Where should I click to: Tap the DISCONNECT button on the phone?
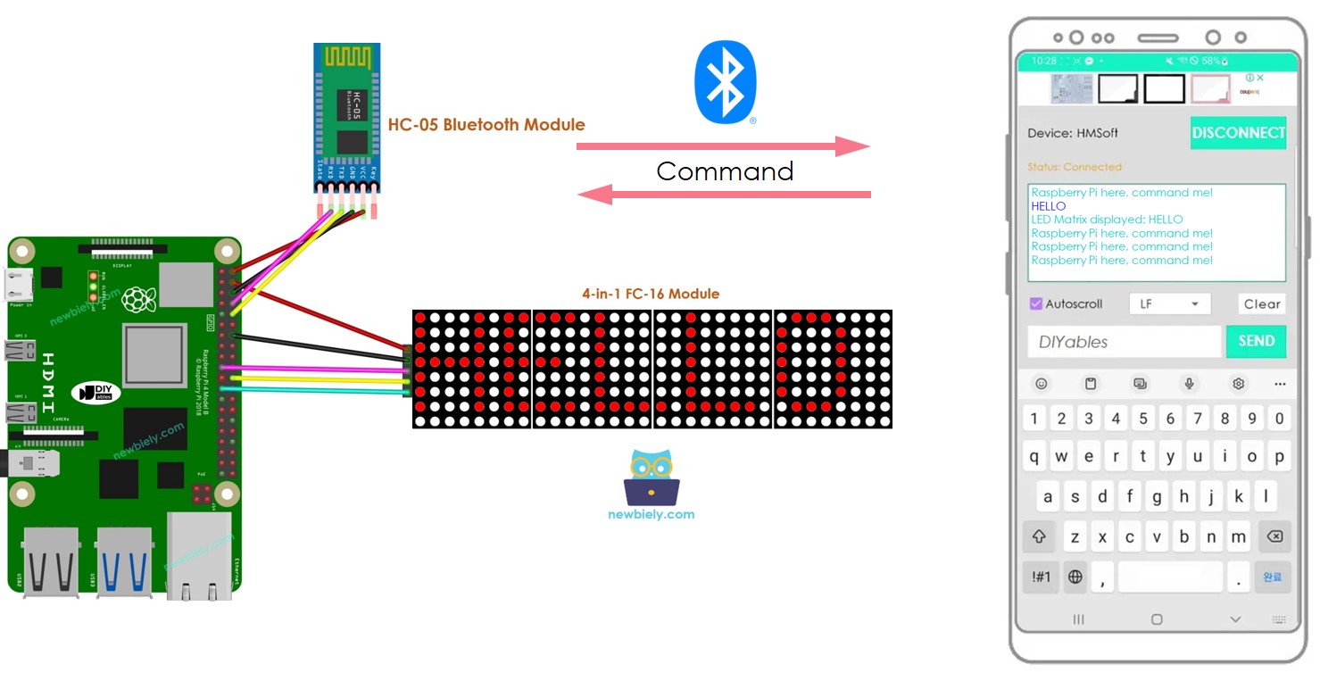[x=1238, y=133]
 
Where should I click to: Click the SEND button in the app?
[x=1256, y=341]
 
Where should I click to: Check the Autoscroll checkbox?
[x=1036, y=303]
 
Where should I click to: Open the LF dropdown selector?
[x=1169, y=303]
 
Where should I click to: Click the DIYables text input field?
[x=1123, y=342]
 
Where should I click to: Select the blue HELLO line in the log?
[x=1049, y=206]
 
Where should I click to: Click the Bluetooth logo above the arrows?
[x=726, y=82]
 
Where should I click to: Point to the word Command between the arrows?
[x=725, y=171]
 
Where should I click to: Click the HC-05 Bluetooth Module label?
[x=486, y=124]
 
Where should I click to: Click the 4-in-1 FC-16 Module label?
[x=650, y=294]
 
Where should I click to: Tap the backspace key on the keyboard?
[x=1274, y=536]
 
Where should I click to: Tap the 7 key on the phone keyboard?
[x=1197, y=418]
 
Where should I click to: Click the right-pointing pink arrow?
[x=723, y=146]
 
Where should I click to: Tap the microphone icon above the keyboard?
[x=1189, y=384]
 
